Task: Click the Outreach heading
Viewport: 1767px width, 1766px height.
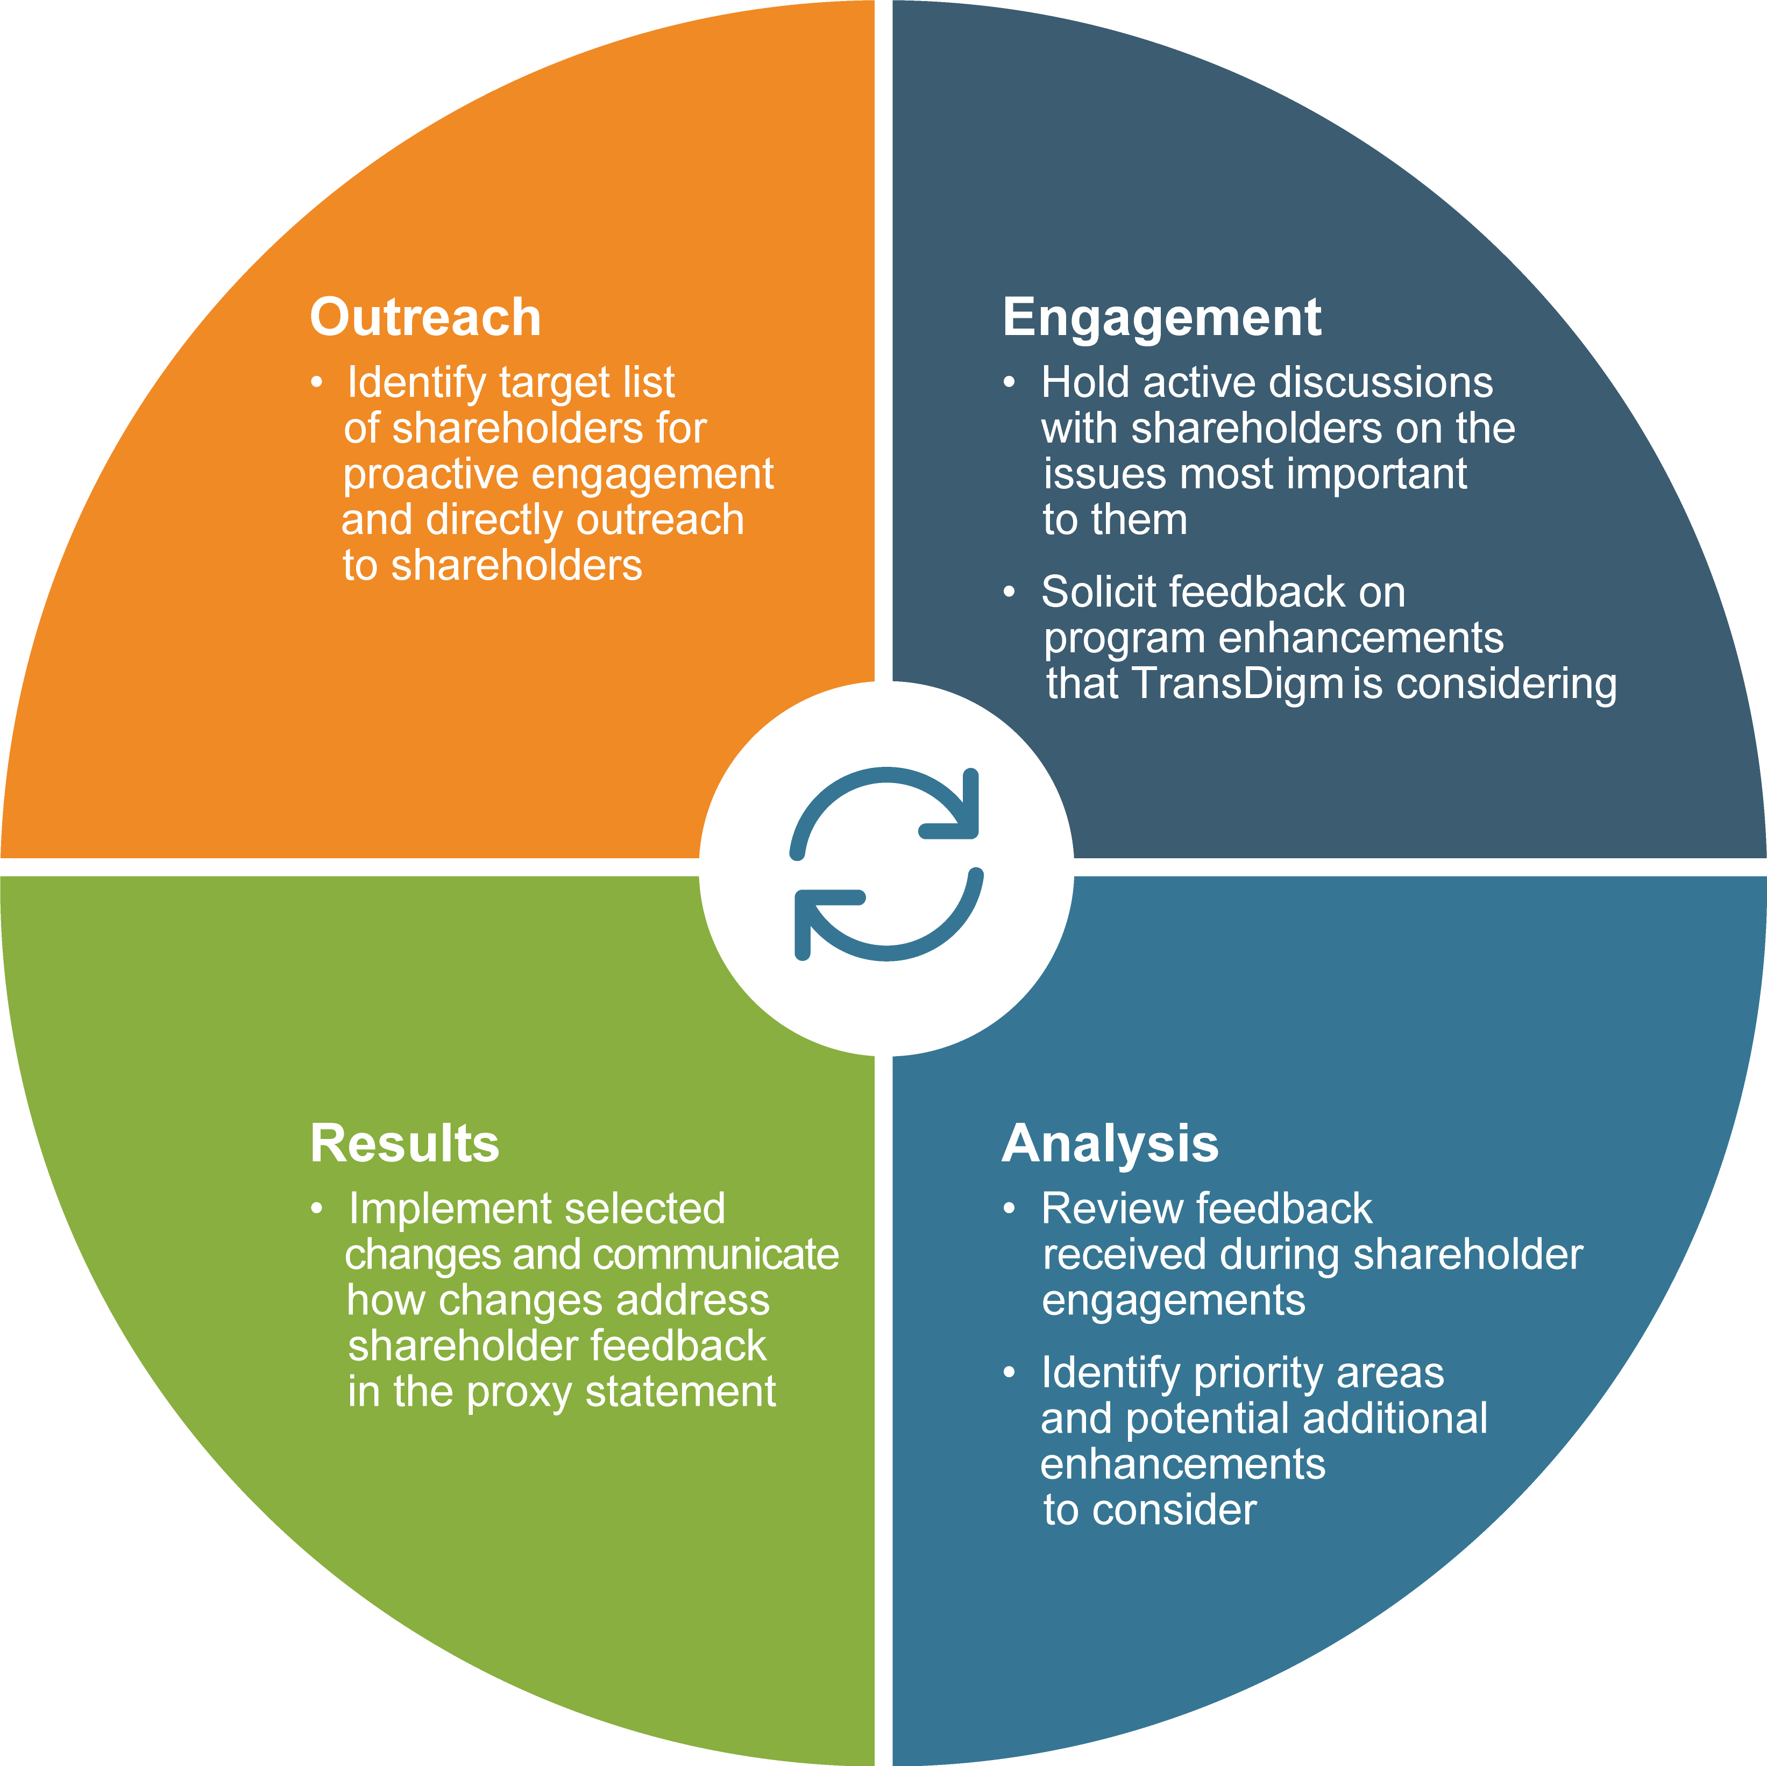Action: [x=425, y=317]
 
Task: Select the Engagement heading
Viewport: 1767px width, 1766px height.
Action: [x=1161, y=317]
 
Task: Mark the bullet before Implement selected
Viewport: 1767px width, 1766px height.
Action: [x=316, y=1209]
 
